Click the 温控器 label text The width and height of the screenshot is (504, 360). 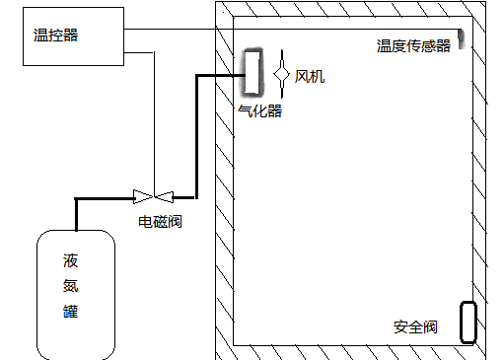(x=55, y=35)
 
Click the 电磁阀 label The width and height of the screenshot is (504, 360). (x=160, y=222)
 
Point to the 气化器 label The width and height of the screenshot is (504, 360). (x=260, y=111)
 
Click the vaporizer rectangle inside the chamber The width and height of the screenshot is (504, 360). (x=252, y=74)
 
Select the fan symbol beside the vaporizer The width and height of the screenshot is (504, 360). (x=281, y=74)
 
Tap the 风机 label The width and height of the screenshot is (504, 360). (x=309, y=76)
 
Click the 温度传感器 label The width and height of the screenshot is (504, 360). (x=412, y=45)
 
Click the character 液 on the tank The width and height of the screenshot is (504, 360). (x=70, y=261)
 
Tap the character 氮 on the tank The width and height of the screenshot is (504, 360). (x=70, y=287)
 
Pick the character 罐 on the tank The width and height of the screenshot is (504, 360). (x=70, y=313)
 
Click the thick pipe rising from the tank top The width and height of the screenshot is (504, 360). (x=76, y=212)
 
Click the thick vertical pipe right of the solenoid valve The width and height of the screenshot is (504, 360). (x=195, y=138)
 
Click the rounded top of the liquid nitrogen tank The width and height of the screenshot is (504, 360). (x=75, y=232)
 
